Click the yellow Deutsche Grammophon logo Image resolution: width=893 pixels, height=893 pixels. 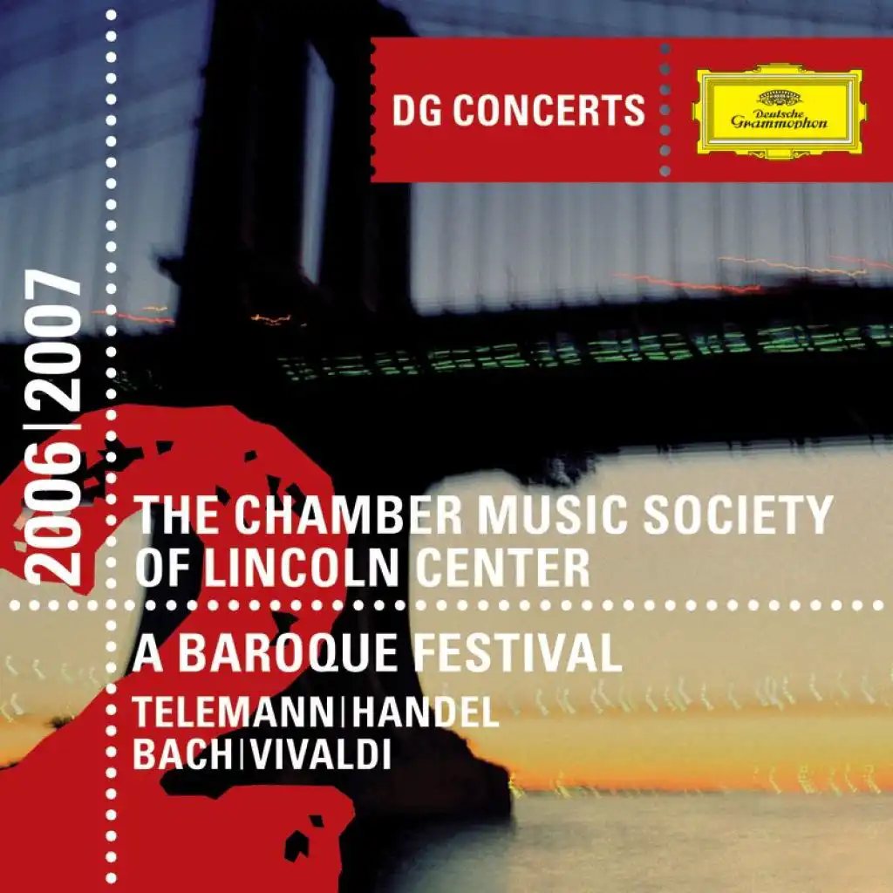click(x=779, y=111)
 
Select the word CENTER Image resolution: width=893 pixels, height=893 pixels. click(x=503, y=568)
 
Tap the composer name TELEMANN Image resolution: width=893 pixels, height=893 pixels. click(x=233, y=712)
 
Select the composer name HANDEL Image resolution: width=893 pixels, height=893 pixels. click(x=425, y=712)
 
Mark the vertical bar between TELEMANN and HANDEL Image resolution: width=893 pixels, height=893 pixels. click(x=343, y=712)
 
